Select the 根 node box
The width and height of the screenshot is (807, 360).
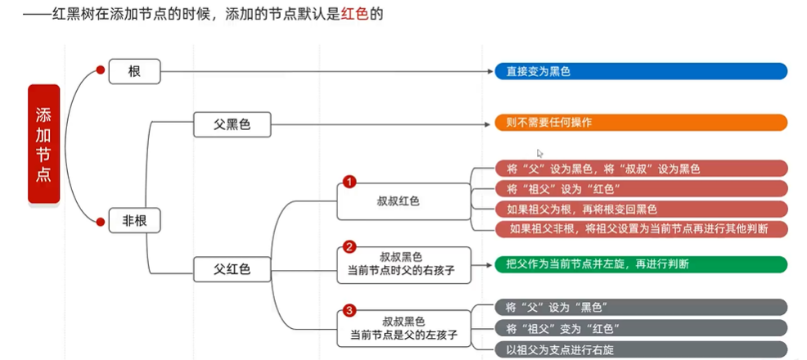click(x=134, y=72)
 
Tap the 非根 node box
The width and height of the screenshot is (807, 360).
click(x=134, y=219)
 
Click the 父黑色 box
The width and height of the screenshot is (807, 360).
click(x=232, y=124)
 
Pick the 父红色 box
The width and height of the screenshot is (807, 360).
click(x=232, y=268)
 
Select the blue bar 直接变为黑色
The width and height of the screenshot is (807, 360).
click(x=641, y=72)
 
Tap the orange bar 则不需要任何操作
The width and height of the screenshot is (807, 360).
click(x=641, y=124)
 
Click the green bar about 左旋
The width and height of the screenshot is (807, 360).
click(x=641, y=263)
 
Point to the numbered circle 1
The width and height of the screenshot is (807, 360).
click(x=349, y=181)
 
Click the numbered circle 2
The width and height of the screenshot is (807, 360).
click(x=349, y=246)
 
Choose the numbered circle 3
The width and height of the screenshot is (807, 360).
click(x=349, y=310)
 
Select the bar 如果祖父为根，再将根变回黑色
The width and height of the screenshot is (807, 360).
click(x=641, y=208)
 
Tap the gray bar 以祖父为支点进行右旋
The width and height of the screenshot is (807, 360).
click(x=641, y=349)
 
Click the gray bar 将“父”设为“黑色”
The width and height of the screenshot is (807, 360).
click(x=641, y=307)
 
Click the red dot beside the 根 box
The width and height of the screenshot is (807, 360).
click(x=101, y=70)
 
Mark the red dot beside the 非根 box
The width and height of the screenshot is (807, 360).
click(x=101, y=219)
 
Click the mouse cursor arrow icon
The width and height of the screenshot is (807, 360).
click(x=539, y=153)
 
